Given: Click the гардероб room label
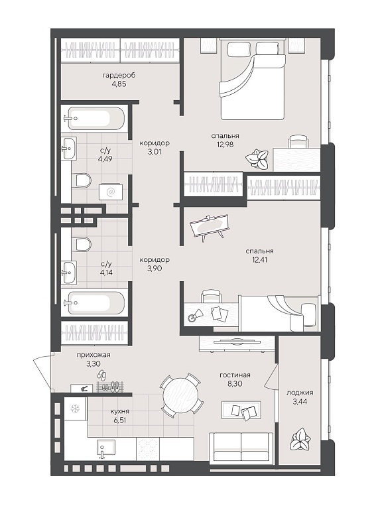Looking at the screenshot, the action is pyautogui.click(x=119, y=75).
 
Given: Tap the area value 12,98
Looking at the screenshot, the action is pyautogui.click(x=225, y=145).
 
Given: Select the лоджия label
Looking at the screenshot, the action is pyautogui.click(x=300, y=393).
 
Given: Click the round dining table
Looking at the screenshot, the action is pyautogui.click(x=180, y=394).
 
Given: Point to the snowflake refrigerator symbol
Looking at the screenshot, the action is pyautogui.click(x=75, y=409).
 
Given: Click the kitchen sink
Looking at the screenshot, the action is pyautogui.click(x=106, y=448).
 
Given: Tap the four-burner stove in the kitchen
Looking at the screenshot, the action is pyautogui.click(x=148, y=448).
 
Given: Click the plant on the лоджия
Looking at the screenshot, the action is pyautogui.click(x=300, y=439).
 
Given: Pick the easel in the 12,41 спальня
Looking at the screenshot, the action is pyautogui.click(x=208, y=227).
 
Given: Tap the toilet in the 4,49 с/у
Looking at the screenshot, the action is pyautogui.click(x=81, y=180).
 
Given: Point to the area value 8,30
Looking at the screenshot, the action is pyautogui.click(x=235, y=384).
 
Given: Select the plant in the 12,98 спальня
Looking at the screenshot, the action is pyautogui.click(x=257, y=158).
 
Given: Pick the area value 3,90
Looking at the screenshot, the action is pyautogui.click(x=155, y=269).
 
